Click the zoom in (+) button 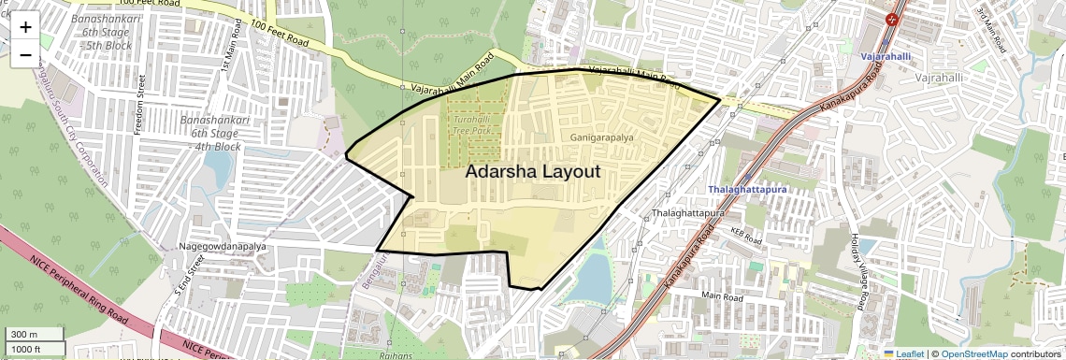(x=25, y=26)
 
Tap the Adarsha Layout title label (x=532, y=172)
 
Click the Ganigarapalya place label (x=601, y=137)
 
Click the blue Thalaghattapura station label (x=748, y=190)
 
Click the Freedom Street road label (x=140, y=105)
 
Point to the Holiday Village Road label (x=855, y=270)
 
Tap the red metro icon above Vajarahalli (x=893, y=17)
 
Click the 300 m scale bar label (x=25, y=335)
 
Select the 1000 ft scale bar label (x=28, y=349)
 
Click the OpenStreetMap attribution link (x=973, y=353)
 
